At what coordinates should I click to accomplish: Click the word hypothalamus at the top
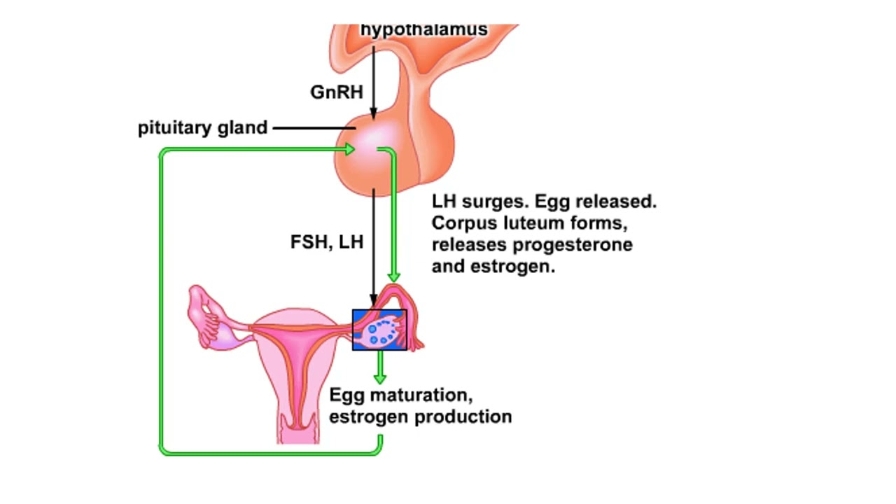coord(423,30)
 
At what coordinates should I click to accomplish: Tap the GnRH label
coord(336,92)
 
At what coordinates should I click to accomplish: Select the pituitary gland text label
coord(202,128)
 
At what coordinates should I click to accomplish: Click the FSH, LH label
coord(327,242)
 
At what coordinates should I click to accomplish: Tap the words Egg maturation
coord(401,395)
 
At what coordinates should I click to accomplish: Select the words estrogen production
coord(420,417)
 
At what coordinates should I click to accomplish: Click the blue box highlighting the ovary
coord(379,330)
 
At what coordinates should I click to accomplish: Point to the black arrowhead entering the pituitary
coord(373,113)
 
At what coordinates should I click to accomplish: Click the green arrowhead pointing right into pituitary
coord(348,149)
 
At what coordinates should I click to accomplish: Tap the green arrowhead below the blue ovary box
coord(379,378)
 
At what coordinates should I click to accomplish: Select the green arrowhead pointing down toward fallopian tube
coord(394,276)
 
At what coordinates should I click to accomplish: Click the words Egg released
coord(596,202)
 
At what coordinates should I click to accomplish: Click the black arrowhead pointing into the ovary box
coord(373,303)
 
